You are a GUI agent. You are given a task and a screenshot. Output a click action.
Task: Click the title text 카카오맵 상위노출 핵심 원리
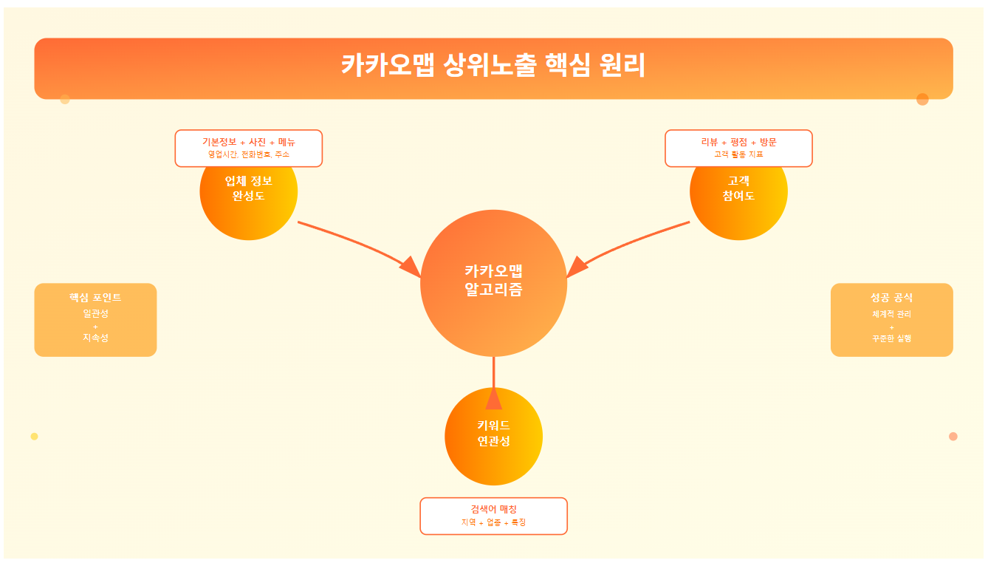[x=493, y=66]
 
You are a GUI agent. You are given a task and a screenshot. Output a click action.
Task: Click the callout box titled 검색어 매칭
[x=493, y=516]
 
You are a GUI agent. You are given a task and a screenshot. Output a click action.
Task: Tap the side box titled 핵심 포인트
[x=95, y=319]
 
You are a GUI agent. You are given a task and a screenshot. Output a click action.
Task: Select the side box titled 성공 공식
[x=891, y=319]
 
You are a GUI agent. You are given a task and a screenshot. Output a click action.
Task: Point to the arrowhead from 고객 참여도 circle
[x=577, y=267]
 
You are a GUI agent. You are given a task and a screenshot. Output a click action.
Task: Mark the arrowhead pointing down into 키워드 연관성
[x=493, y=399]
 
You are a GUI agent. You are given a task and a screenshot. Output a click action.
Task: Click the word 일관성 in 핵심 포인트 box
[x=95, y=313]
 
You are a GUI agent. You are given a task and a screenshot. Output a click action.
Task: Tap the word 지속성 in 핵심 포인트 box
[x=95, y=338]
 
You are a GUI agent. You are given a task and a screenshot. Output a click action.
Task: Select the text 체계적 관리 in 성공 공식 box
[x=891, y=314]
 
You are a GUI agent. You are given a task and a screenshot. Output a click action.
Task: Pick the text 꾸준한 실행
[x=891, y=338]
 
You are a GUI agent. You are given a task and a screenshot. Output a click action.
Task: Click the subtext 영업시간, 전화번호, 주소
[x=248, y=154]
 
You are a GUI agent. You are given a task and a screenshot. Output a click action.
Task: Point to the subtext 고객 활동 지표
[x=738, y=154]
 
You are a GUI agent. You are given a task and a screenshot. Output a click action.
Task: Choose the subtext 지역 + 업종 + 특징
[x=493, y=522]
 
